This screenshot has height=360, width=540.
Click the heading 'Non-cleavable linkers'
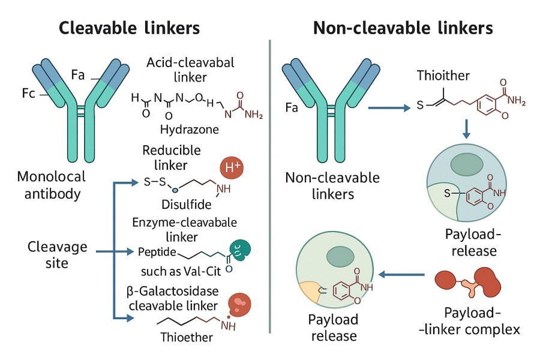[x=403, y=28]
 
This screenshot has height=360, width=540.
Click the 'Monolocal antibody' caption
[x=52, y=187]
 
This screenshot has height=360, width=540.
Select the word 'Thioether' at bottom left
[x=187, y=337]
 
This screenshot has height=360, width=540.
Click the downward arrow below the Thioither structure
[x=467, y=129]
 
